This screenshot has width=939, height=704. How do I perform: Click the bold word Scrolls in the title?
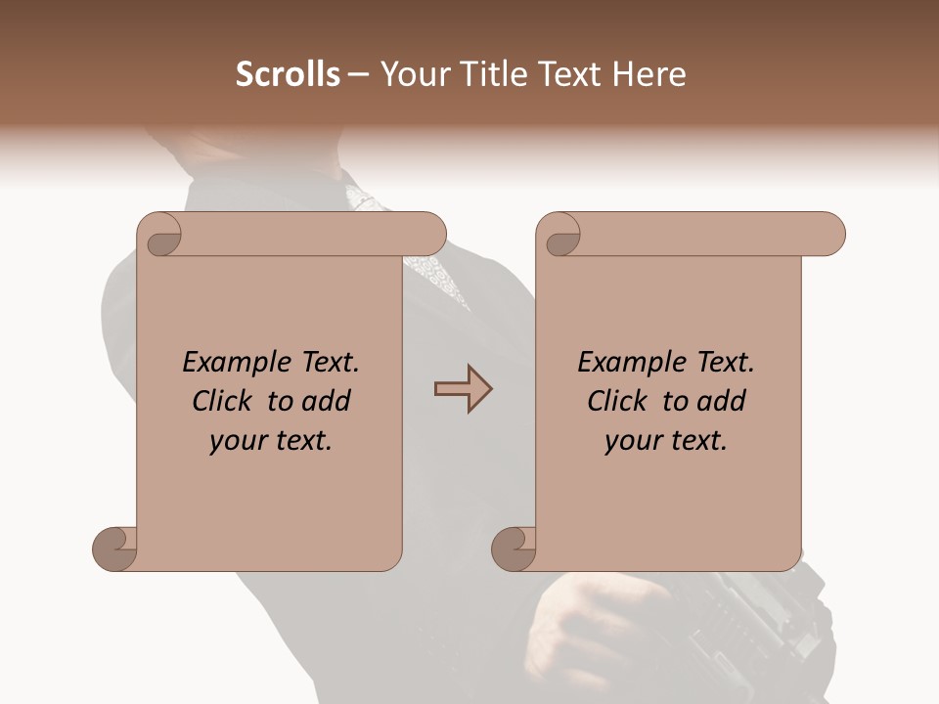pos(288,74)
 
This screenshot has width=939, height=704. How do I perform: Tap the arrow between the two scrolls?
pos(463,389)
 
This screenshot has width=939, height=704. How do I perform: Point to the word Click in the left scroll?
pos(227,401)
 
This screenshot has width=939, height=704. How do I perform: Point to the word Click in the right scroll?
pos(622,401)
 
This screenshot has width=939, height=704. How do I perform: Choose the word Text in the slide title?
pos(571,74)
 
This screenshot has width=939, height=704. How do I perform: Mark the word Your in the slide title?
pos(412,74)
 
